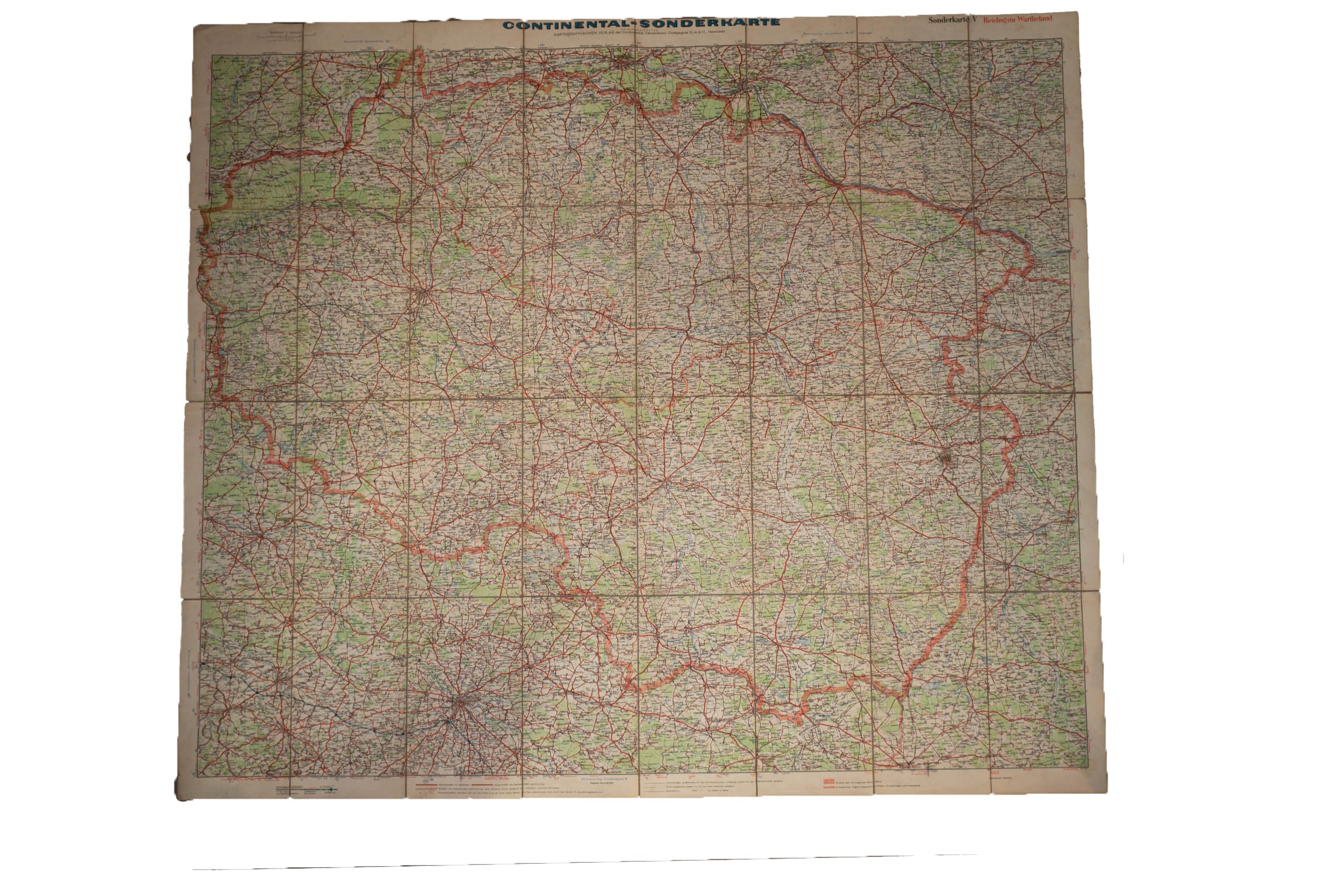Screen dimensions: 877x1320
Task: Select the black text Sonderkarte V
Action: click(952, 20)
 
